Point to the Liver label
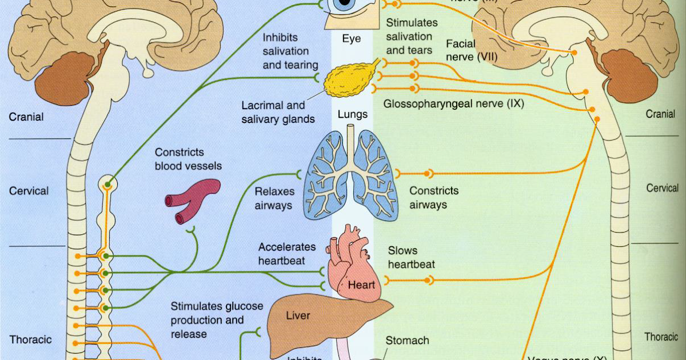pyautogui.click(x=298, y=315)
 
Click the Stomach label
pyautogui.click(x=407, y=341)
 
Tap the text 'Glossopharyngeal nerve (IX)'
pyautogui.click(x=454, y=104)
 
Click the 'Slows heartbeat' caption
pyautogui.click(x=411, y=257)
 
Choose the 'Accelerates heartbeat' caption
pyautogui.click(x=286, y=254)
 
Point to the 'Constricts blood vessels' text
pyautogui.click(x=188, y=159)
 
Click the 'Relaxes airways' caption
pyautogui.click(x=274, y=198)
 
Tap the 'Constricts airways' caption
pyautogui.click(x=434, y=198)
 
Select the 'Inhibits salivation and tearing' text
pyautogui.click(x=290, y=51)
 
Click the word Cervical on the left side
pyautogui.click(x=29, y=191)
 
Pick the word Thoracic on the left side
pyautogui.click(x=30, y=339)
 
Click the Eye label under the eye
pyautogui.click(x=352, y=39)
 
